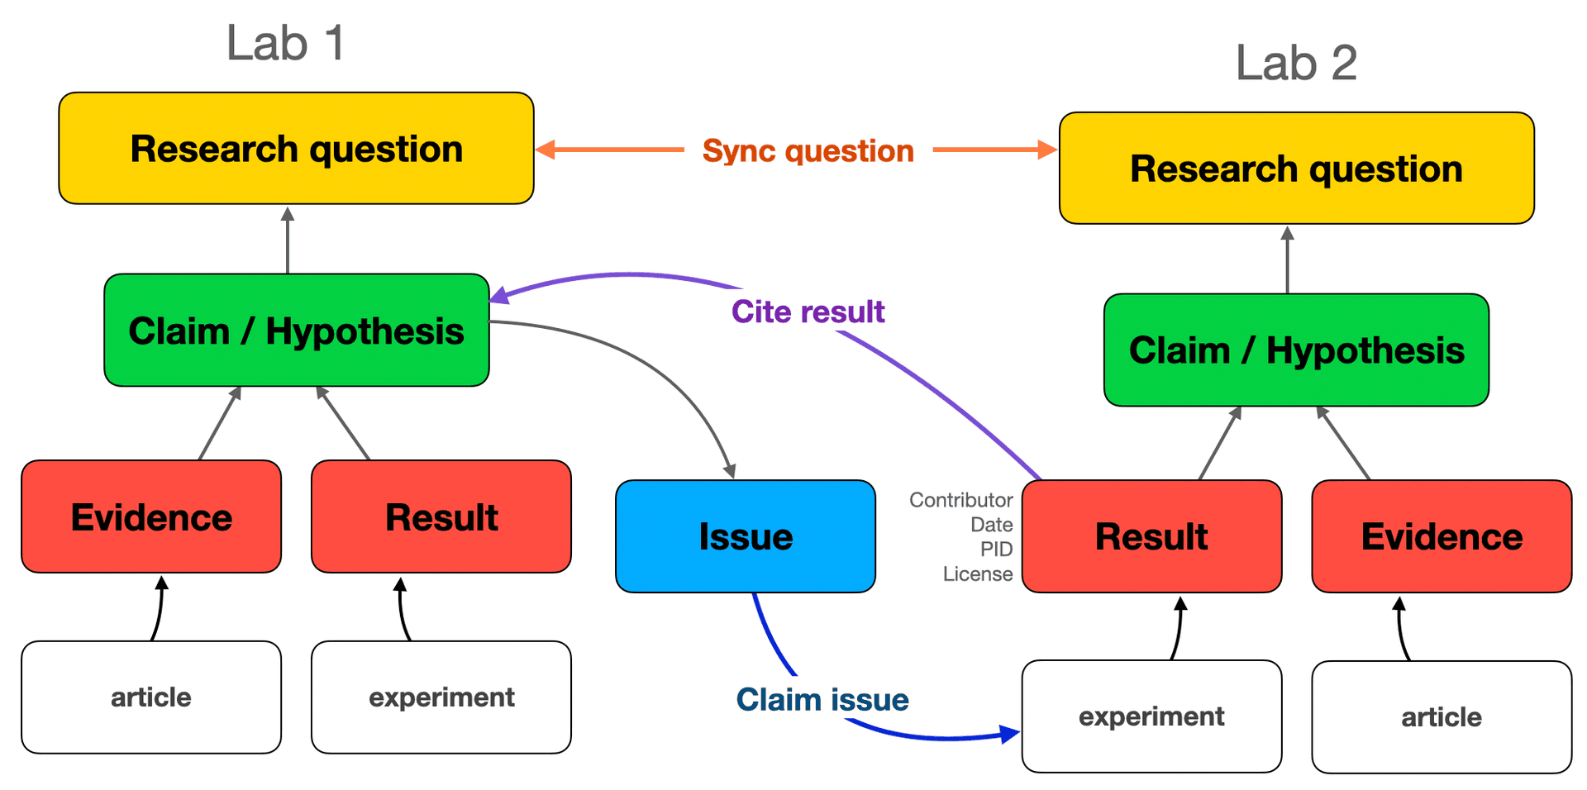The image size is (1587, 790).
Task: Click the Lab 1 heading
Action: coord(285,43)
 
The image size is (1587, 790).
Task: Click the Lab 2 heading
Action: coord(1295,63)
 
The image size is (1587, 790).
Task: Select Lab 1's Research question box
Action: coord(296,149)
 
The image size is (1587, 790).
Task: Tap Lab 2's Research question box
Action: coord(1296,169)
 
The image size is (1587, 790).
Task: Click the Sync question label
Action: coord(808,151)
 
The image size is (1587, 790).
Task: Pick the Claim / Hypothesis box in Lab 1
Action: coord(296,331)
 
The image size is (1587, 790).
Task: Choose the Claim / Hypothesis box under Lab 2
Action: coord(1296,350)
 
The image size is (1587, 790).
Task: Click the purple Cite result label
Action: coord(808,312)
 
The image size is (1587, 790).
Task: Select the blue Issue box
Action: coord(745,536)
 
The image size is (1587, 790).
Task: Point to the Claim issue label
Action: coord(822,700)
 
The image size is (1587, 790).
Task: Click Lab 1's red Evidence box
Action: coord(151,517)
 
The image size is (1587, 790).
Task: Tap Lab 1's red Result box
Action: coord(441,517)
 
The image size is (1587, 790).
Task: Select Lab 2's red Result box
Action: coord(1151,536)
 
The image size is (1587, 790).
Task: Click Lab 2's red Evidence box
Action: coord(1441,536)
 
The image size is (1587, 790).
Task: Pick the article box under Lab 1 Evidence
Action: coord(151,697)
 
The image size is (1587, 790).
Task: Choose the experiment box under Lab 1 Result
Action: coord(441,697)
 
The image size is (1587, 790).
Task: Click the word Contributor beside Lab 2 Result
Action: coord(960,500)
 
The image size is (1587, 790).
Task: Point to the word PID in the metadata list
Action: coord(996,550)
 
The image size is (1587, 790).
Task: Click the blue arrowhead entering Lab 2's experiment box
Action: coord(1010,734)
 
